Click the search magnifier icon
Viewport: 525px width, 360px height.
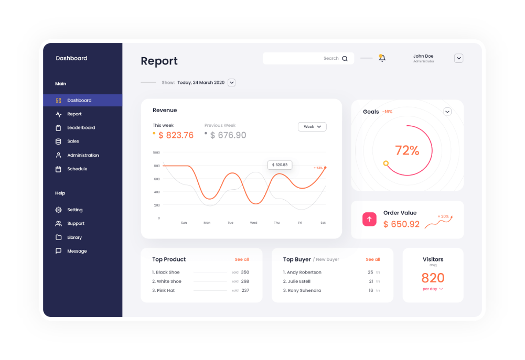coord(345,59)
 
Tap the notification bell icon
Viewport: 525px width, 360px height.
coord(382,58)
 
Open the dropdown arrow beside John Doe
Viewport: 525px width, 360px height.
coord(458,58)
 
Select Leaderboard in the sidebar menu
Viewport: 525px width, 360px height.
coord(81,128)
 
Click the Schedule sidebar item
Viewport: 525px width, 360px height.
coord(77,169)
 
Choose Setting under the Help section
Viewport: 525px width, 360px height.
coord(74,210)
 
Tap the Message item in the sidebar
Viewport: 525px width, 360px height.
coord(77,252)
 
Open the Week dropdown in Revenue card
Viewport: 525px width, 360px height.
coord(312,127)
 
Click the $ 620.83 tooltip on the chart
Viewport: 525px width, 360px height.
coord(280,165)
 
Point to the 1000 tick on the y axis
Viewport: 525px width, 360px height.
coord(156,152)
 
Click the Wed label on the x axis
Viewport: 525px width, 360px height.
coord(253,223)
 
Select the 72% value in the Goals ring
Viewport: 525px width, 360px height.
coord(407,151)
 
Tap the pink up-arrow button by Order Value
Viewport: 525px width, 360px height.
coord(369,219)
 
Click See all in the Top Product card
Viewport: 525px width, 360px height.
coord(242,260)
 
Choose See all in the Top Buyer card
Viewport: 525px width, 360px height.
coord(373,260)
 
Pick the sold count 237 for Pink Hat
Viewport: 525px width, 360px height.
coord(245,291)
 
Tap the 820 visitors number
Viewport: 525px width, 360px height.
coord(433,278)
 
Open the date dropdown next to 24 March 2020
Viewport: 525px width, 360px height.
coord(231,83)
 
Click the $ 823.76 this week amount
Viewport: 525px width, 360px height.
coord(176,136)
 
